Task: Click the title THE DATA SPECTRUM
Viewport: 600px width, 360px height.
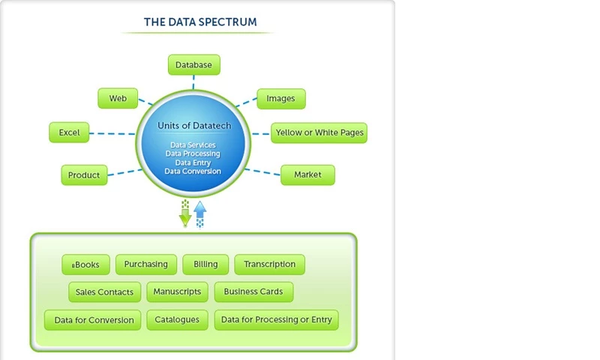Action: pyautogui.click(x=199, y=22)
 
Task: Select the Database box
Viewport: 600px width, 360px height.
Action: pyautogui.click(x=193, y=65)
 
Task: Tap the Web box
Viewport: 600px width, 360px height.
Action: pyautogui.click(x=118, y=98)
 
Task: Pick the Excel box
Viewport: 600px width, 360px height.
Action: pyautogui.click(x=69, y=133)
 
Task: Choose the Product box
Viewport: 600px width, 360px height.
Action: pyautogui.click(x=84, y=175)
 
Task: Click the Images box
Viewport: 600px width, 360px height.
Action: pyautogui.click(x=280, y=98)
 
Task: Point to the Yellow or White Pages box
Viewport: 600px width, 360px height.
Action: pyautogui.click(x=319, y=133)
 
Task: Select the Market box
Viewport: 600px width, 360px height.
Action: pyautogui.click(x=307, y=175)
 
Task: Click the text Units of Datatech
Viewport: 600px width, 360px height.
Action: pyautogui.click(x=194, y=126)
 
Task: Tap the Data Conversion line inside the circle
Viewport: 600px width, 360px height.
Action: pyautogui.click(x=193, y=171)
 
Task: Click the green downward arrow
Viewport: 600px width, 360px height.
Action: pyautogui.click(x=185, y=214)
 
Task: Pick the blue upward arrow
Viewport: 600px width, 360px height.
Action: pyautogui.click(x=199, y=214)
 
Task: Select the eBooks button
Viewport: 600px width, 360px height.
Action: pyautogui.click(x=85, y=265)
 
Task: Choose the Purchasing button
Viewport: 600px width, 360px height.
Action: pyautogui.click(x=146, y=264)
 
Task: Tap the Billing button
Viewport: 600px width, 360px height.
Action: pyautogui.click(x=205, y=264)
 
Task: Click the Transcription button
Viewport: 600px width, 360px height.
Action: pyautogui.click(x=269, y=264)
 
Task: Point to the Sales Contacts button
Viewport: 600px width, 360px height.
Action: pyautogui.click(x=105, y=292)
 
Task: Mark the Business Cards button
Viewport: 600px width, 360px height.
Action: pyautogui.click(x=253, y=292)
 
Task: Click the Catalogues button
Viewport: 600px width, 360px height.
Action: pyautogui.click(x=177, y=319)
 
